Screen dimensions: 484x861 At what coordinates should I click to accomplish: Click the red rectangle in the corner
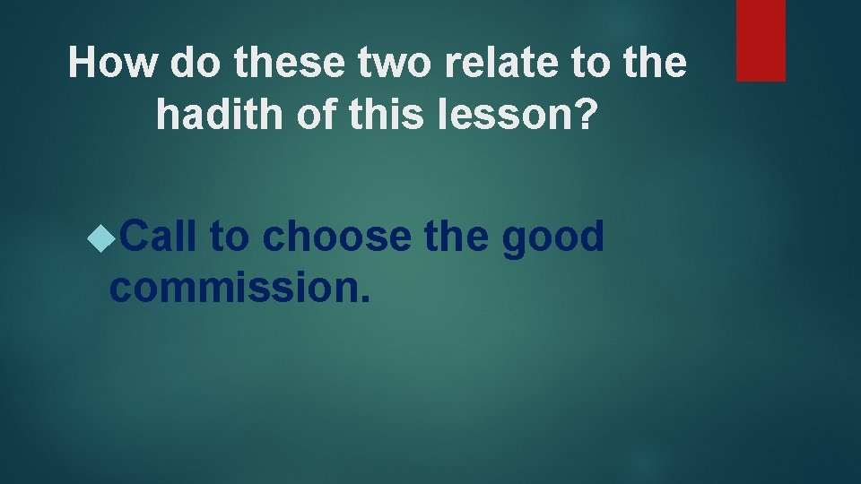click(x=761, y=40)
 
